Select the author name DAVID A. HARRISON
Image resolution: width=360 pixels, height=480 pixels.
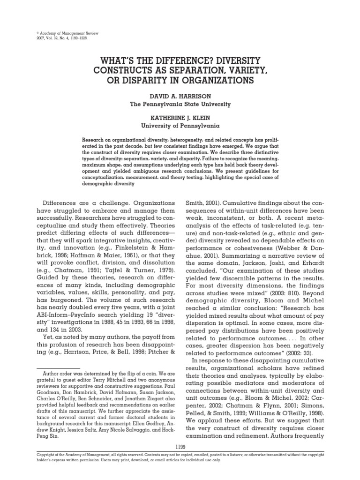[x=180, y=96]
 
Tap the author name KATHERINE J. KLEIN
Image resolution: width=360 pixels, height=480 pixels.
[x=180, y=118]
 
